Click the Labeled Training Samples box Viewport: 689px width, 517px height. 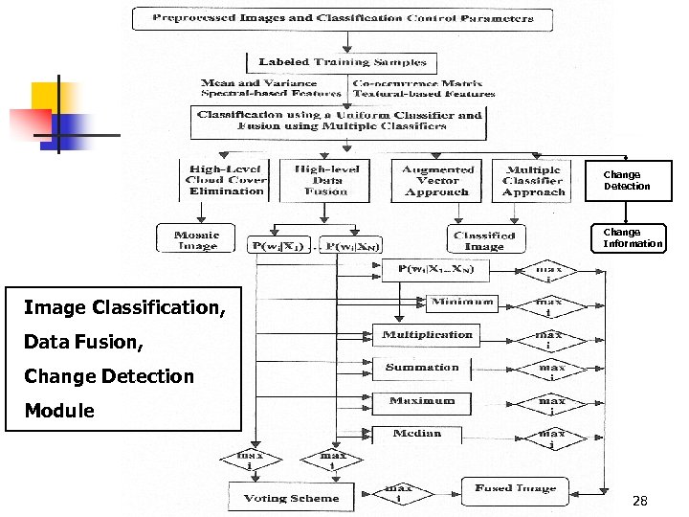(x=342, y=63)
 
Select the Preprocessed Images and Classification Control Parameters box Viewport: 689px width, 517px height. (x=342, y=18)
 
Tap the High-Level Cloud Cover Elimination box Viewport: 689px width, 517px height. (x=226, y=179)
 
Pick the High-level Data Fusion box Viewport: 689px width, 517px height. (x=326, y=179)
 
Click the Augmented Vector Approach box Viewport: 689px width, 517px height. (x=436, y=179)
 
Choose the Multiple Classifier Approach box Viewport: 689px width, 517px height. (x=533, y=179)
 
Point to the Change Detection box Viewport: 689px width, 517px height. (x=627, y=180)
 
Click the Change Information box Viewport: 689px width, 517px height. (x=633, y=237)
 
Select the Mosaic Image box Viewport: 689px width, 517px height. (x=196, y=238)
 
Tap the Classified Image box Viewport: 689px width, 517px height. (x=484, y=240)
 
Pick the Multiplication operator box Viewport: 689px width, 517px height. (x=427, y=335)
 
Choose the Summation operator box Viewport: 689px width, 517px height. (x=422, y=368)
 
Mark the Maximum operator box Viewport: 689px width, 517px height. (x=422, y=401)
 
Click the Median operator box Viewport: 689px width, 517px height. (x=417, y=434)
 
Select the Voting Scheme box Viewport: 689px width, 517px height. (x=291, y=497)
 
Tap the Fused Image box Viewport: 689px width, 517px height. (x=514, y=489)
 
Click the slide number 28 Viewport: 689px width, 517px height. (x=640, y=501)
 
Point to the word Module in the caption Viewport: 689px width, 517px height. (x=59, y=411)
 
